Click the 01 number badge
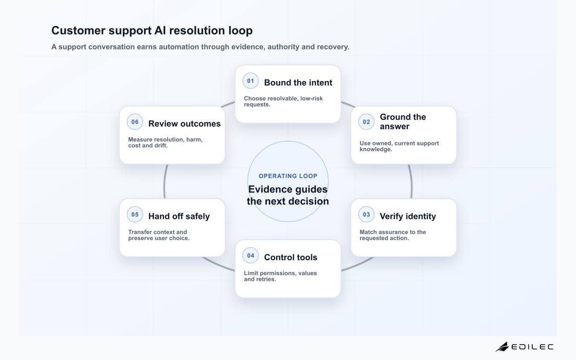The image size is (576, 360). point(251,81)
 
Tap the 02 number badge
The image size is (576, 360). point(366,122)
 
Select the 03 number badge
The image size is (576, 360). point(366,215)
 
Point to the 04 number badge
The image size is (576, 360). point(251,255)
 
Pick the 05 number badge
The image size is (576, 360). point(135,215)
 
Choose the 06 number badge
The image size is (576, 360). point(135,122)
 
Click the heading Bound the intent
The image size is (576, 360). point(298,83)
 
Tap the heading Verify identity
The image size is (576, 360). point(408,216)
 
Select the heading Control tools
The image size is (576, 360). point(290,257)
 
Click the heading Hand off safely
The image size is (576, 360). point(179,216)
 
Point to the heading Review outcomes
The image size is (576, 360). point(184,124)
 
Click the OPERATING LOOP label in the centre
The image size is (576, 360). point(288,176)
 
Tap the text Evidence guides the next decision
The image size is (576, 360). point(288,195)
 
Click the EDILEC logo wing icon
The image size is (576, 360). point(502,347)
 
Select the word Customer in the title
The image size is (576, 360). point(78,30)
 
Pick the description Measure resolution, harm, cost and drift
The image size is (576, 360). point(165,143)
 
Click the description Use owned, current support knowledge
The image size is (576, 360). point(399,146)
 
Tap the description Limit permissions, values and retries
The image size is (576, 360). point(280,276)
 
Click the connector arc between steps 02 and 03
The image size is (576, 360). point(411,181)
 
